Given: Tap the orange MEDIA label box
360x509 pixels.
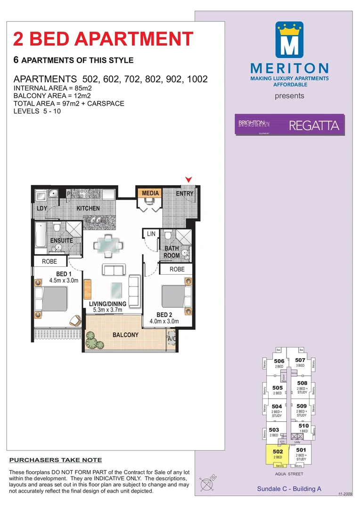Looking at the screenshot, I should [x=150, y=193].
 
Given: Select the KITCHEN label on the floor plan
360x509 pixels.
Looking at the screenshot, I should [x=88, y=208].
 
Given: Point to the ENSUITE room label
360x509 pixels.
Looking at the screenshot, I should [x=61, y=240].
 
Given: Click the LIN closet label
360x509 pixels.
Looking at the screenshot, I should [x=151, y=234].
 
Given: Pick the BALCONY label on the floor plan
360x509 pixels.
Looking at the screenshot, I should [x=125, y=335].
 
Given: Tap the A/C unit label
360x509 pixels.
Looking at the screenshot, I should [x=172, y=338].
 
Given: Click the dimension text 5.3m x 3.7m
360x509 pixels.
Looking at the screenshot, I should [x=107, y=310].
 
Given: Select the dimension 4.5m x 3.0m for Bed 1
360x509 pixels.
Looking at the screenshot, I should [x=64, y=280].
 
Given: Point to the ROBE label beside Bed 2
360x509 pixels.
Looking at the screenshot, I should [x=177, y=269].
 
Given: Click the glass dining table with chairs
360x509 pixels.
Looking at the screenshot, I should [x=109, y=245].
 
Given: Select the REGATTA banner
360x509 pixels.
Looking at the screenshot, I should [x=290, y=125].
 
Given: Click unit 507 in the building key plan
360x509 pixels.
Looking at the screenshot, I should [x=300, y=362].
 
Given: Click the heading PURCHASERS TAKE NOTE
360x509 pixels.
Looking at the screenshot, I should [x=56, y=460].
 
